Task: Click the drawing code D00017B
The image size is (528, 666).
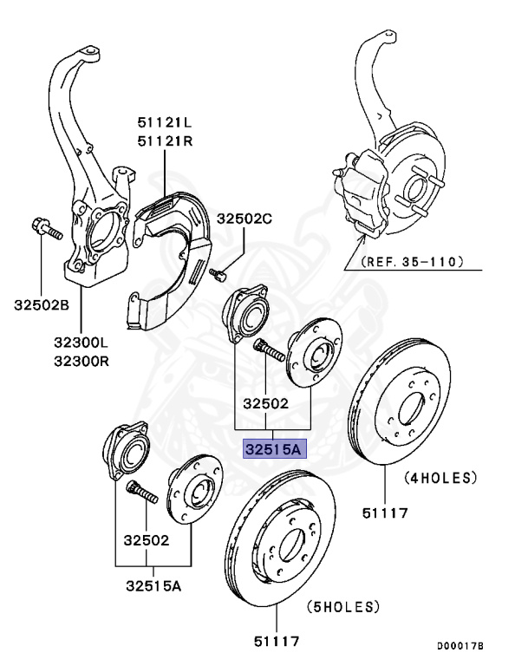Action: click(460, 646)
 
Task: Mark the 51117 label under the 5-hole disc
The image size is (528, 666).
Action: click(276, 642)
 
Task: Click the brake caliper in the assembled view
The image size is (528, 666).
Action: click(362, 191)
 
